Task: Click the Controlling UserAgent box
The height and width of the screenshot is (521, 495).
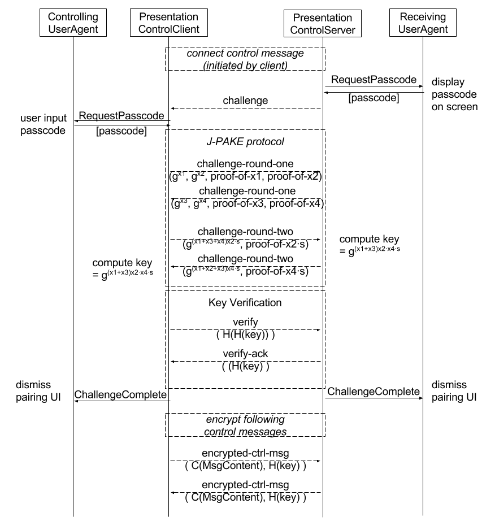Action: pyautogui.click(x=73, y=23)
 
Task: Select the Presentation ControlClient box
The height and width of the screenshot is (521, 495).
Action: pyautogui.click(x=169, y=23)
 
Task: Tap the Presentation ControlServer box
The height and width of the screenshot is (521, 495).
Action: pyautogui.click(x=323, y=23)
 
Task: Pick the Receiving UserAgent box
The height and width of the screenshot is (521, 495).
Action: pyautogui.click(x=423, y=23)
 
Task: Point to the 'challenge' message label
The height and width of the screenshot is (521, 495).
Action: pyautogui.click(x=245, y=101)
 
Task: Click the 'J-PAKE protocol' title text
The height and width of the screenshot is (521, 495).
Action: pyautogui.click(x=245, y=141)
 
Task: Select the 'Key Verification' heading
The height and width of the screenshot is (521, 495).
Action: pyautogui.click(x=245, y=302)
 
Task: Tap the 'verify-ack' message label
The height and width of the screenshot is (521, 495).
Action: pyautogui.click(x=245, y=354)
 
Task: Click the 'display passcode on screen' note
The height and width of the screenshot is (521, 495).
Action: pyautogui.click(x=454, y=94)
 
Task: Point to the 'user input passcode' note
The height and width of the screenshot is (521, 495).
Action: pyautogui.click(x=43, y=124)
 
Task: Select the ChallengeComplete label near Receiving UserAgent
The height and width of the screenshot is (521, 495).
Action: pyautogui.click(x=374, y=392)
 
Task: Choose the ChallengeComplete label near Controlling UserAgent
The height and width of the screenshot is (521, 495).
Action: pyautogui.click(x=120, y=394)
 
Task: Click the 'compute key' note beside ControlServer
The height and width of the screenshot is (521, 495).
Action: pyautogui.click(x=370, y=245)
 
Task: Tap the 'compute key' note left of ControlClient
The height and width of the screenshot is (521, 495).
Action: pyautogui.click(x=123, y=268)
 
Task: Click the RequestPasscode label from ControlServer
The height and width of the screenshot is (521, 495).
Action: pyautogui.click(x=374, y=80)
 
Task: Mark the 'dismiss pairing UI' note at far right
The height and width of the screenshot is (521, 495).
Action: pyautogui.click(x=454, y=391)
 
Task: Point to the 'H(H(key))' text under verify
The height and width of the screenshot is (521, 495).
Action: pyautogui.click(x=245, y=335)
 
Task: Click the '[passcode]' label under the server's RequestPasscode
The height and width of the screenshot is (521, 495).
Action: pyautogui.click(x=374, y=98)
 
